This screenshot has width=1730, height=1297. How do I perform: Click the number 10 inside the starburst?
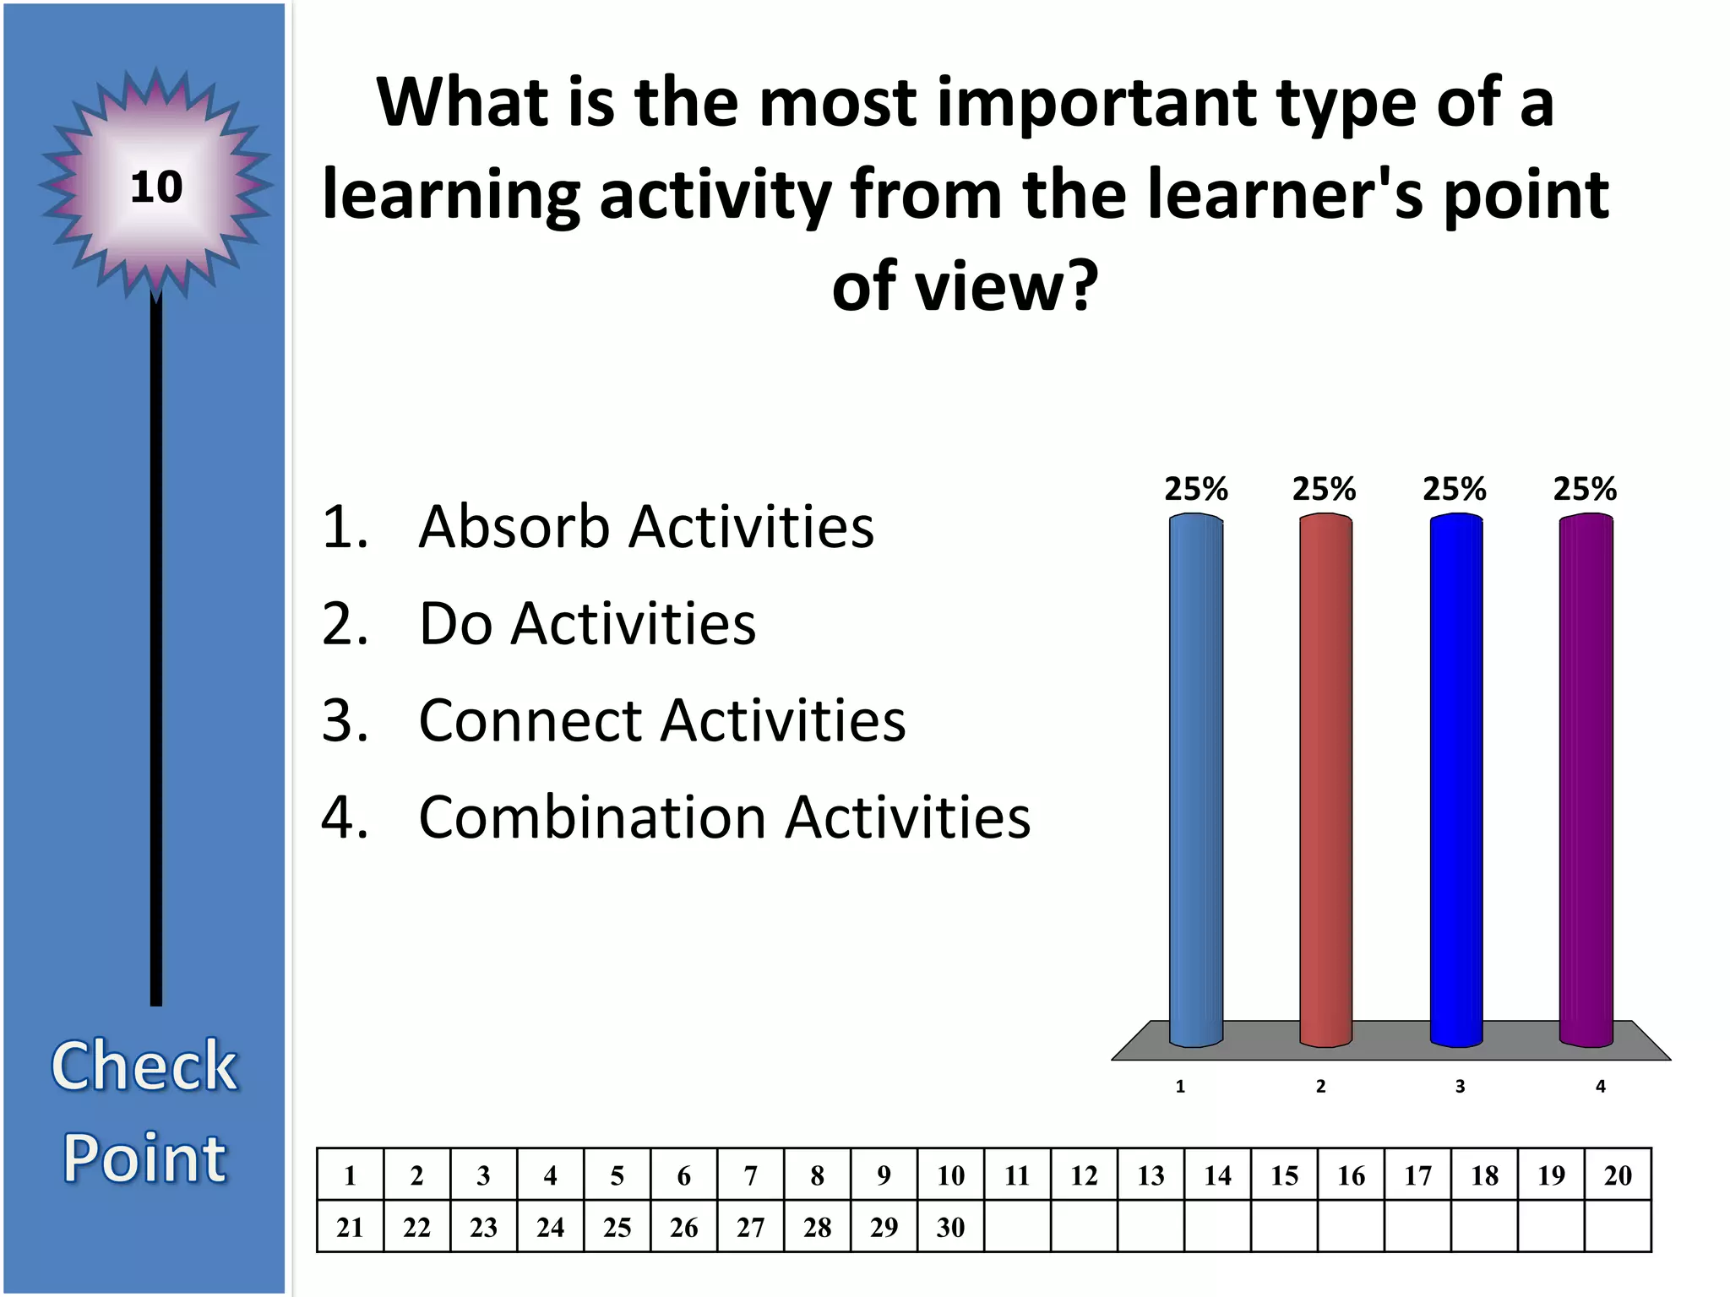pos(156,187)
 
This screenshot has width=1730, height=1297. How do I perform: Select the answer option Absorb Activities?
pos(645,527)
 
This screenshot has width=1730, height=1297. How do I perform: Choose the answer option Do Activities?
pos(586,624)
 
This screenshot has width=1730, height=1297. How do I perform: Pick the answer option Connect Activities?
pos(661,721)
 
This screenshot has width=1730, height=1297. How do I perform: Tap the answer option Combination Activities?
pos(724,818)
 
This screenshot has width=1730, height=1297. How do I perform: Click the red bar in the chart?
pos(1325,781)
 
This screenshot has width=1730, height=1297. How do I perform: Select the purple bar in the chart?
pos(1586,781)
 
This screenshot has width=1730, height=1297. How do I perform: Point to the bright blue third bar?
pos(1455,781)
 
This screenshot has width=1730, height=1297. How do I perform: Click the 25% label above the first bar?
pos(1196,489)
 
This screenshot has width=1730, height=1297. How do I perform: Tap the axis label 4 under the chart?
pos(1600,1087)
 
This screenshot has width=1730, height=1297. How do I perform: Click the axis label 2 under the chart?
pos(1320,1087)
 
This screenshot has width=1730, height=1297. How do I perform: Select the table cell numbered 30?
pos(950,1227)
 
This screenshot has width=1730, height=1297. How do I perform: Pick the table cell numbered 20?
pos(1618,1175)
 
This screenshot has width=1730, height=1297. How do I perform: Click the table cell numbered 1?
pos(350,1175)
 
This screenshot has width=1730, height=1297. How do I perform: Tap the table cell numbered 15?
pos(1284,1175)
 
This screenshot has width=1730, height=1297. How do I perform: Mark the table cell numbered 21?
pos(350,1227)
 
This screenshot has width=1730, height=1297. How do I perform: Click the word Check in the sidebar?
pos(144,1066)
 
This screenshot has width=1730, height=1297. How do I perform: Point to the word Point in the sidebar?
pos(144,1158)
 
